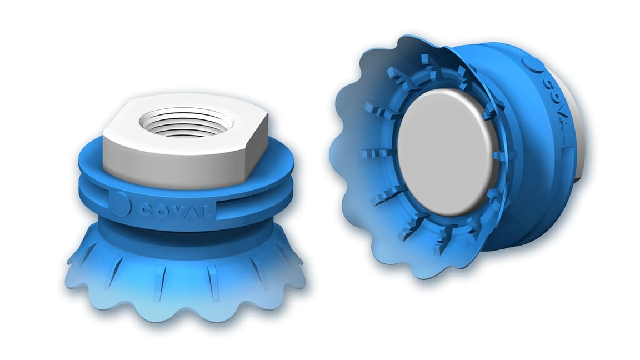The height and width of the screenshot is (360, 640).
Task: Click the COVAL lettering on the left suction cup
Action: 176,210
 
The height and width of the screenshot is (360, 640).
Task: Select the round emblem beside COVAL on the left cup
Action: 120,204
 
